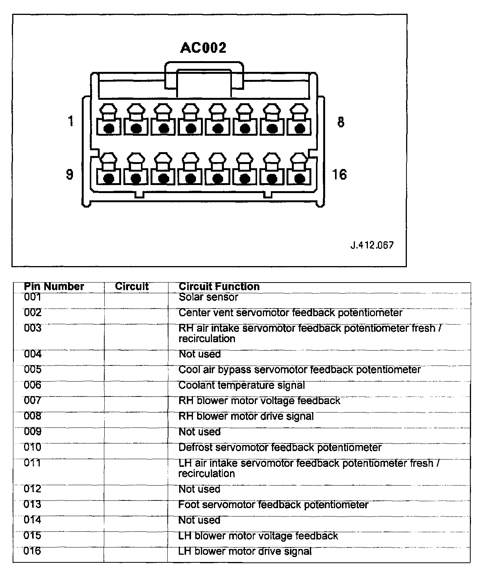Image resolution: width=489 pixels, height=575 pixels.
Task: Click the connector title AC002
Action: point(203,48)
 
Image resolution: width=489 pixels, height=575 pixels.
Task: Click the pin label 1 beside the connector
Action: point(70,121)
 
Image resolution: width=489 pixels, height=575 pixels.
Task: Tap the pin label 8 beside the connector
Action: point(341,122)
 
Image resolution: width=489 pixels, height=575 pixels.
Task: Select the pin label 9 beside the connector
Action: point(70,174)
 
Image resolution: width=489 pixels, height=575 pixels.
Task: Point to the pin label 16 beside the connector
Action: point(339,175)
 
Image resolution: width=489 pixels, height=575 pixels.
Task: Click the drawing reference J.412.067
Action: point(372,245)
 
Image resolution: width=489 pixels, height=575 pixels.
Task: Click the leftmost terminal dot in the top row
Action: point(109,128)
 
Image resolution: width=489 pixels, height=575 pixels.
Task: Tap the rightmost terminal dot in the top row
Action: point(300,128)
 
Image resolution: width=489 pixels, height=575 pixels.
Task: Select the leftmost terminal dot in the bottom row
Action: point(109,178)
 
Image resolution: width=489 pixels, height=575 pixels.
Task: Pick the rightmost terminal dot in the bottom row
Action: point(300,178)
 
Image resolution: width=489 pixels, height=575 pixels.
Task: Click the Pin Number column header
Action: point(54,287)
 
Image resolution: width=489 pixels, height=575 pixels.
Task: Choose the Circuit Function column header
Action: point(219,287)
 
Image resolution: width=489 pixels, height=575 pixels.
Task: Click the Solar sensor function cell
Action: point(208,297)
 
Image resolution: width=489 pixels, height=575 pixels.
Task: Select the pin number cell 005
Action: point(32,370)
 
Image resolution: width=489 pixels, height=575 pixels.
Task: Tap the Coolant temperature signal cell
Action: point(241,385)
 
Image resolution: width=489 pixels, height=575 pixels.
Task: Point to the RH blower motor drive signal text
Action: point(246,416)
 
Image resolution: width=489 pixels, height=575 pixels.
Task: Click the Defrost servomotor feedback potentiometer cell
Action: point(280,448)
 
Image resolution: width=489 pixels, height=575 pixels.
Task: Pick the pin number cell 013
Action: point(32,505)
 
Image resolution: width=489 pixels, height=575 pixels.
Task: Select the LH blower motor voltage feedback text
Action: point(258,536)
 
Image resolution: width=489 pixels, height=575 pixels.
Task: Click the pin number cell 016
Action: point(32,551)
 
